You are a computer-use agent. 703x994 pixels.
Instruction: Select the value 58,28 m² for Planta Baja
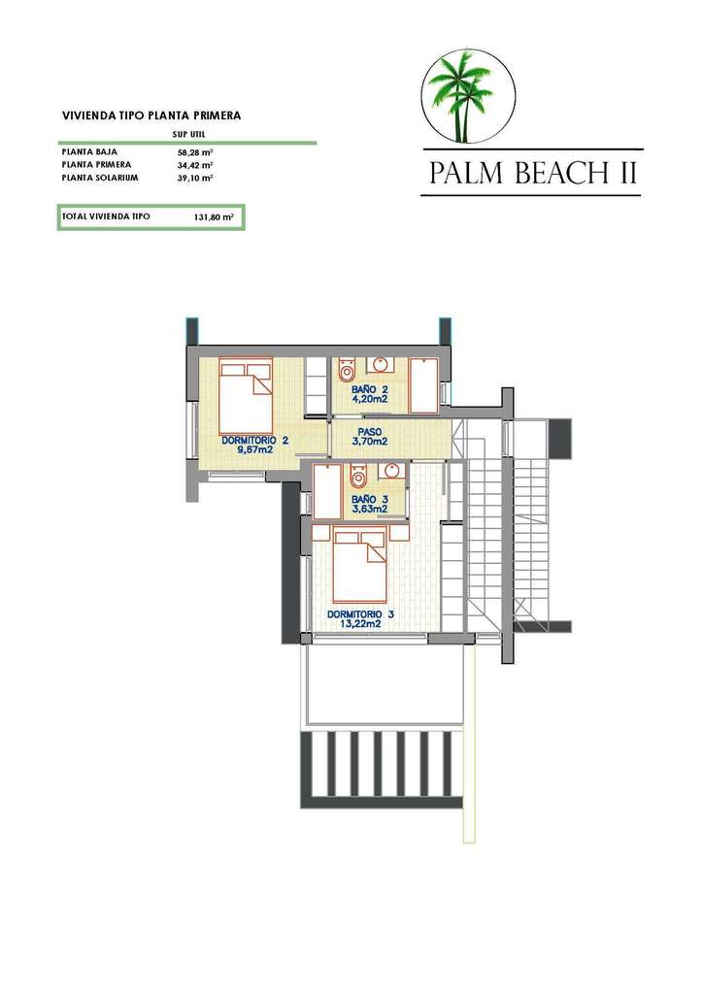click(194, 152)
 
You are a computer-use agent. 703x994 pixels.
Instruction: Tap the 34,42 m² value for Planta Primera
click(194, 165)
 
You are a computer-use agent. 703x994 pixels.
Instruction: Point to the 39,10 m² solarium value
click(194, 178)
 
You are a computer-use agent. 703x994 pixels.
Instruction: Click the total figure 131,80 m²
click(215, 216)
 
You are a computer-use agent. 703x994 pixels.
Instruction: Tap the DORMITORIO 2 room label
click(254, 440)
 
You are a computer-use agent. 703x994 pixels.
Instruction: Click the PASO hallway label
click(369, 432)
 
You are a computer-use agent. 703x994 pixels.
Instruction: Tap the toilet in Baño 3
click(358, 477)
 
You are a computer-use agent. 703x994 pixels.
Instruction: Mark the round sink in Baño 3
click(392, 471)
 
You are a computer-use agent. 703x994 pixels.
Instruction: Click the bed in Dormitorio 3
click(360, 564)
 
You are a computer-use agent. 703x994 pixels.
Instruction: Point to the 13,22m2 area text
click(360, 624)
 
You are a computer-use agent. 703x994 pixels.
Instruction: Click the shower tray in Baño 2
click(423, 385)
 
